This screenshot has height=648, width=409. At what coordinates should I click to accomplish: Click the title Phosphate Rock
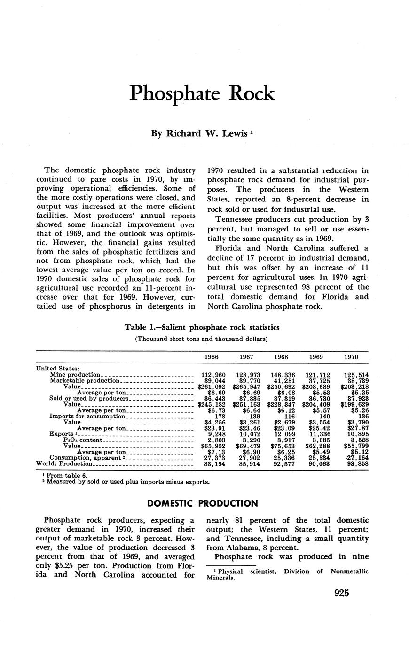pyautogui.click(x=202, y=93)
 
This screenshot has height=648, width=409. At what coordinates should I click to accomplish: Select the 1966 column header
pyautogui.click(x=212, y=357)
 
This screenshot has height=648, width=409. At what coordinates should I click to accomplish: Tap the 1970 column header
pyautogui.click(x=351, y=357)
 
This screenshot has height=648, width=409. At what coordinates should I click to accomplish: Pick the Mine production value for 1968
pyautogui.click(x=281, y=375)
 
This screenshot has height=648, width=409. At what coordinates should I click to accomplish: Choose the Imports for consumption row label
pyautogui.click(x=87, y=417)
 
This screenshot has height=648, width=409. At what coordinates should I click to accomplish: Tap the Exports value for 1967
pyautogui.click(x=246, y=434)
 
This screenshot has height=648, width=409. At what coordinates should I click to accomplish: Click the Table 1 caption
pyautogui.click(x=202, y=327)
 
